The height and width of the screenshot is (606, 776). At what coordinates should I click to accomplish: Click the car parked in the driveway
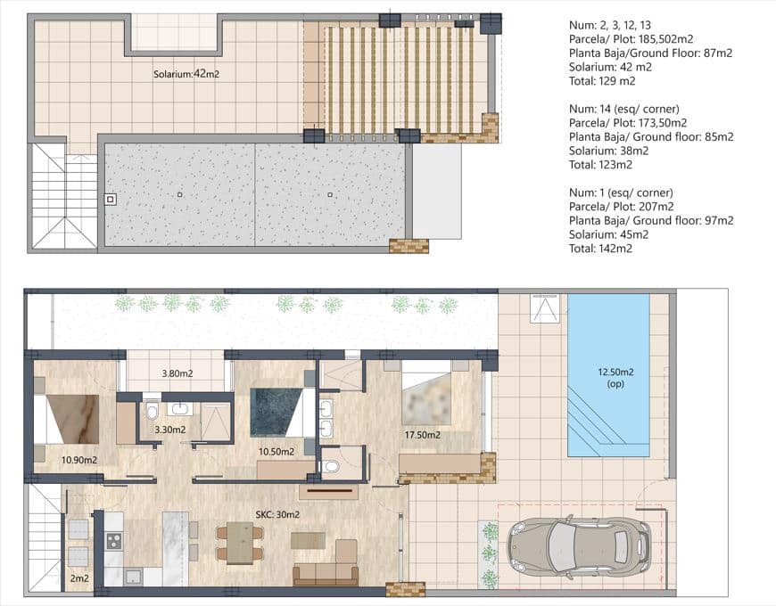click(x=579, y=544)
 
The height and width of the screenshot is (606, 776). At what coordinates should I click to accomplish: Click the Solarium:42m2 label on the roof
click(x=186, y=75)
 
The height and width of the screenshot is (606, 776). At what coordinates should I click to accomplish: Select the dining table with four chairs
click(x=239, y=543)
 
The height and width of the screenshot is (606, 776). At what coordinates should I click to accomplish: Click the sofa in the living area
click(x=325, y=571)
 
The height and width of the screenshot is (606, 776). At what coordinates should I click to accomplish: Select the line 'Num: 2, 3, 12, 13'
click(x=612, y=25)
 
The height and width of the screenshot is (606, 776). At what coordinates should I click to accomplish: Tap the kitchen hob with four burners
click(x=114, y=541)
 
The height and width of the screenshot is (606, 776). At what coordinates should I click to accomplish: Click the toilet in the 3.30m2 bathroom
click(x=152, y=412)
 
